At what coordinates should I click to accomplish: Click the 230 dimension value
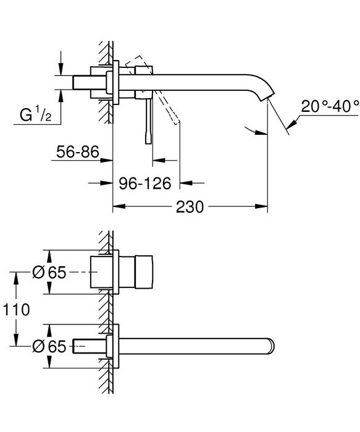pyautogui.click(x=190, y=208)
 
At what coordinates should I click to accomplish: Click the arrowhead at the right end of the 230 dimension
pyautogui.click(x=264, y=208)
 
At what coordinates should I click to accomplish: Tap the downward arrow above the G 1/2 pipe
pyautogui.click(x=61, y=69)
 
